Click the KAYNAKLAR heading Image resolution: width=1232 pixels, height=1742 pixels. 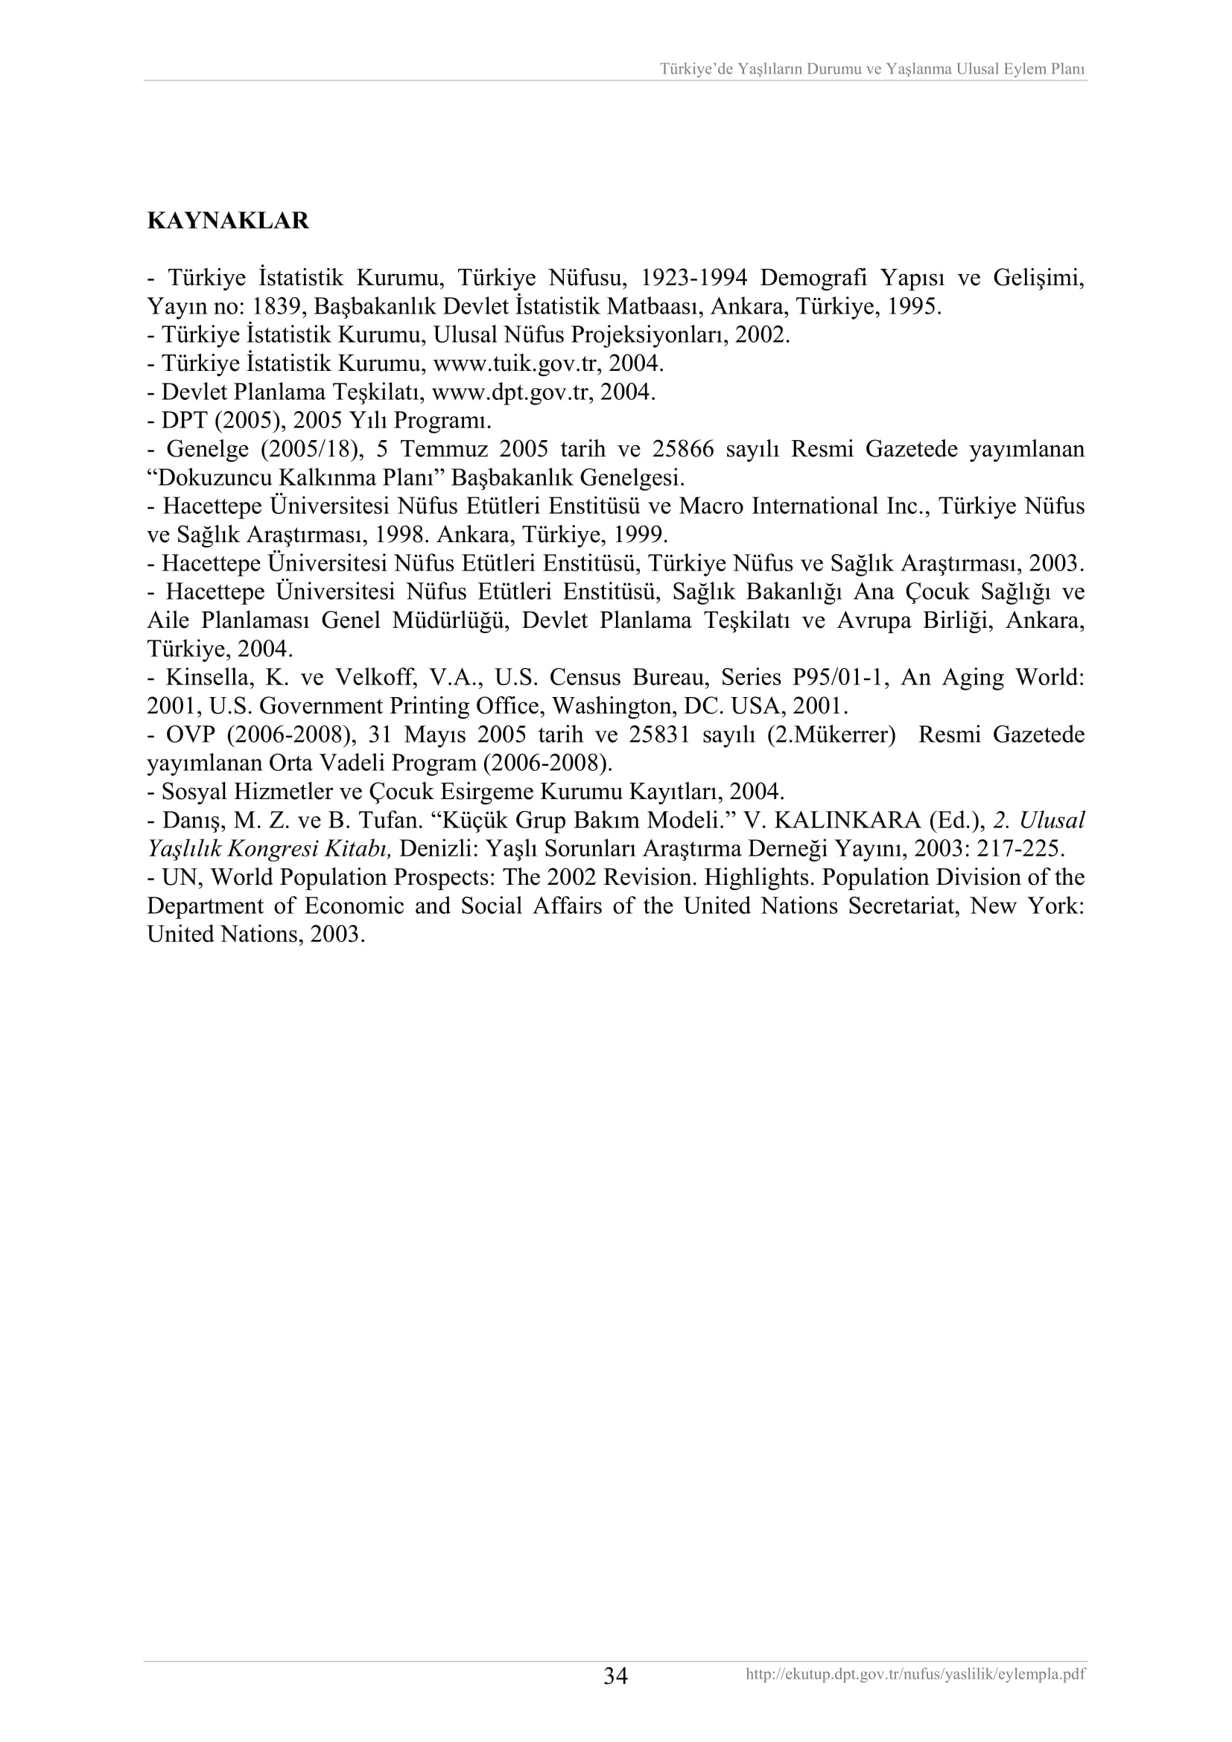click(x=228, y=220)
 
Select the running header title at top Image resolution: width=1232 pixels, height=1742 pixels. click(x=872, y=69)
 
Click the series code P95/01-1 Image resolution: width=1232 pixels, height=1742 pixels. click(x=839, y=677)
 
